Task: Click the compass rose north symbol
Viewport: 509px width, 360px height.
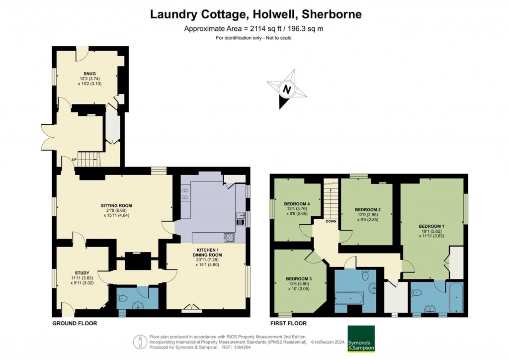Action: click(x=287, y=90)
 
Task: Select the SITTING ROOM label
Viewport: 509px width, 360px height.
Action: click(x=116, y=205)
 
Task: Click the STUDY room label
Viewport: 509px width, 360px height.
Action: click(x=82, y=272)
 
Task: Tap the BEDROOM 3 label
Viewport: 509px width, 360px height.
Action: click(x=299, y=278)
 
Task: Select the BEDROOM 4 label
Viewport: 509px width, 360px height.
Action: click(x=297, y=204)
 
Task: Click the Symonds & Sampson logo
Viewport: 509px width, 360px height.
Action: click(x=361, y=339)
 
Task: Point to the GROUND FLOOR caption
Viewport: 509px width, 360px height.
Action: click(x=75, y=323)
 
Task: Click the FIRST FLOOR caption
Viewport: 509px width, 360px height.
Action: click(x=288, y=323)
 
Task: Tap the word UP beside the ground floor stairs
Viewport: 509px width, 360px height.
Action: click(x=75, y=160)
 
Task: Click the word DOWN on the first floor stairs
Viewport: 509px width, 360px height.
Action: click(x=331, y=221)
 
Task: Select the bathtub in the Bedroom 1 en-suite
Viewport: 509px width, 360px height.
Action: click(x=455, y=297)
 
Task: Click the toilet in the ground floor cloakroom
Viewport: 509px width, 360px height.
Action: click(x=122, y=299)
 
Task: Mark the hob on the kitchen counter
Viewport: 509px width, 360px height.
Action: click(x=230, y=237)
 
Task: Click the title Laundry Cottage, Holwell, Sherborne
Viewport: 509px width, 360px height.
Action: click(x=256, y=14)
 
